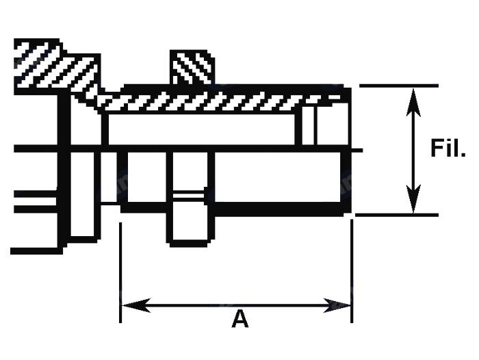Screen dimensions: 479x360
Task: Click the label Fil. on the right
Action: pos(448,149)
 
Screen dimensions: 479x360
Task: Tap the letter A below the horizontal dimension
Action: pos(239,319)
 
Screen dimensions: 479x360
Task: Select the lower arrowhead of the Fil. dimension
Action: pos(412,203)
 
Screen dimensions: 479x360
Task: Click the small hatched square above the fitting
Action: pos(192,68)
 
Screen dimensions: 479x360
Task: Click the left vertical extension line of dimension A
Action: pos(120,274)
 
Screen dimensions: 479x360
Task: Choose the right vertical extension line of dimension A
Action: pos(352,274)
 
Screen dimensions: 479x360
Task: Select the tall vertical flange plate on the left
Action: pos(83,171)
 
